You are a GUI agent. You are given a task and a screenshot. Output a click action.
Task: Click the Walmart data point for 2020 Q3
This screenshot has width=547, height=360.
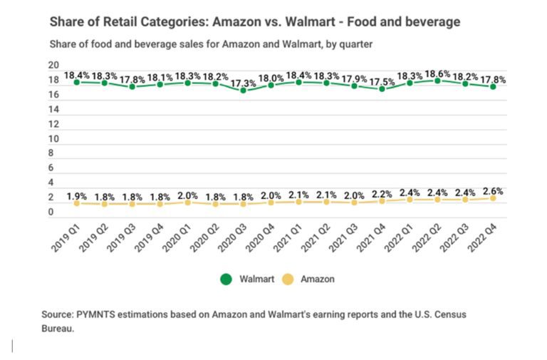pos(244,91)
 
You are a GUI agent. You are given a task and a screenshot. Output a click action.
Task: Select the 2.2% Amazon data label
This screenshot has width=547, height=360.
pos(382,193)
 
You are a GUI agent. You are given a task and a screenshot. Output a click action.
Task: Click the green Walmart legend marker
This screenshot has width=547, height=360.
pos(226,279)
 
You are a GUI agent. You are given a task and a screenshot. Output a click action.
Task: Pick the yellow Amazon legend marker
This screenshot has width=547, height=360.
pos(288,279)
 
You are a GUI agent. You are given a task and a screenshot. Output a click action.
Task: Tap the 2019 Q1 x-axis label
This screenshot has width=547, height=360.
pos(65,235)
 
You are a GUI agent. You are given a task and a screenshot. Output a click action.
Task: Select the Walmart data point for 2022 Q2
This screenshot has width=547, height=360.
pos(437,81)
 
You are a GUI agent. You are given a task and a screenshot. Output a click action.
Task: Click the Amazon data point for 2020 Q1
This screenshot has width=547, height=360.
pos(188,202)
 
